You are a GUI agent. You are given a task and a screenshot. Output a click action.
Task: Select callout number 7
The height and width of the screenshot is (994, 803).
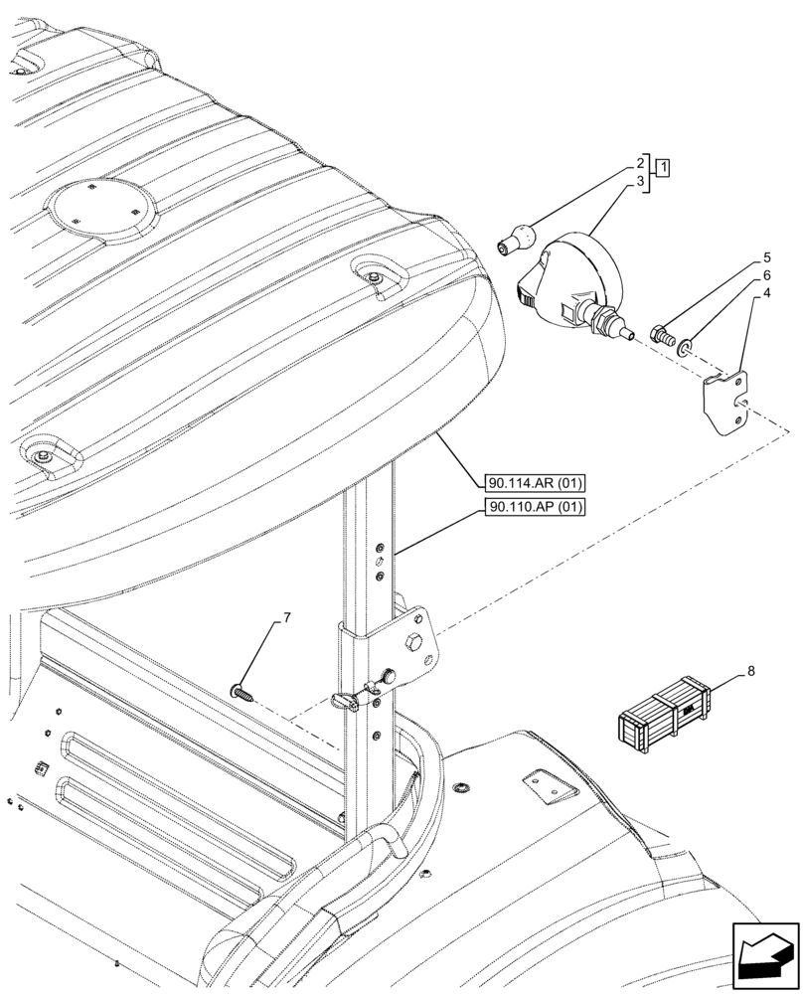(x=286, y=618)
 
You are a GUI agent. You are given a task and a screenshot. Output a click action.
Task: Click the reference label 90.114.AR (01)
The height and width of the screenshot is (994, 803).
(x=536, y=484)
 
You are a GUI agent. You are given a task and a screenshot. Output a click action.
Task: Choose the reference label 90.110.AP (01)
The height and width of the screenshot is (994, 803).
(x=536, y=507)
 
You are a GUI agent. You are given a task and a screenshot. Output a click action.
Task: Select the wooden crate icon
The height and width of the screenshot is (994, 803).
(x=665, y=710)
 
